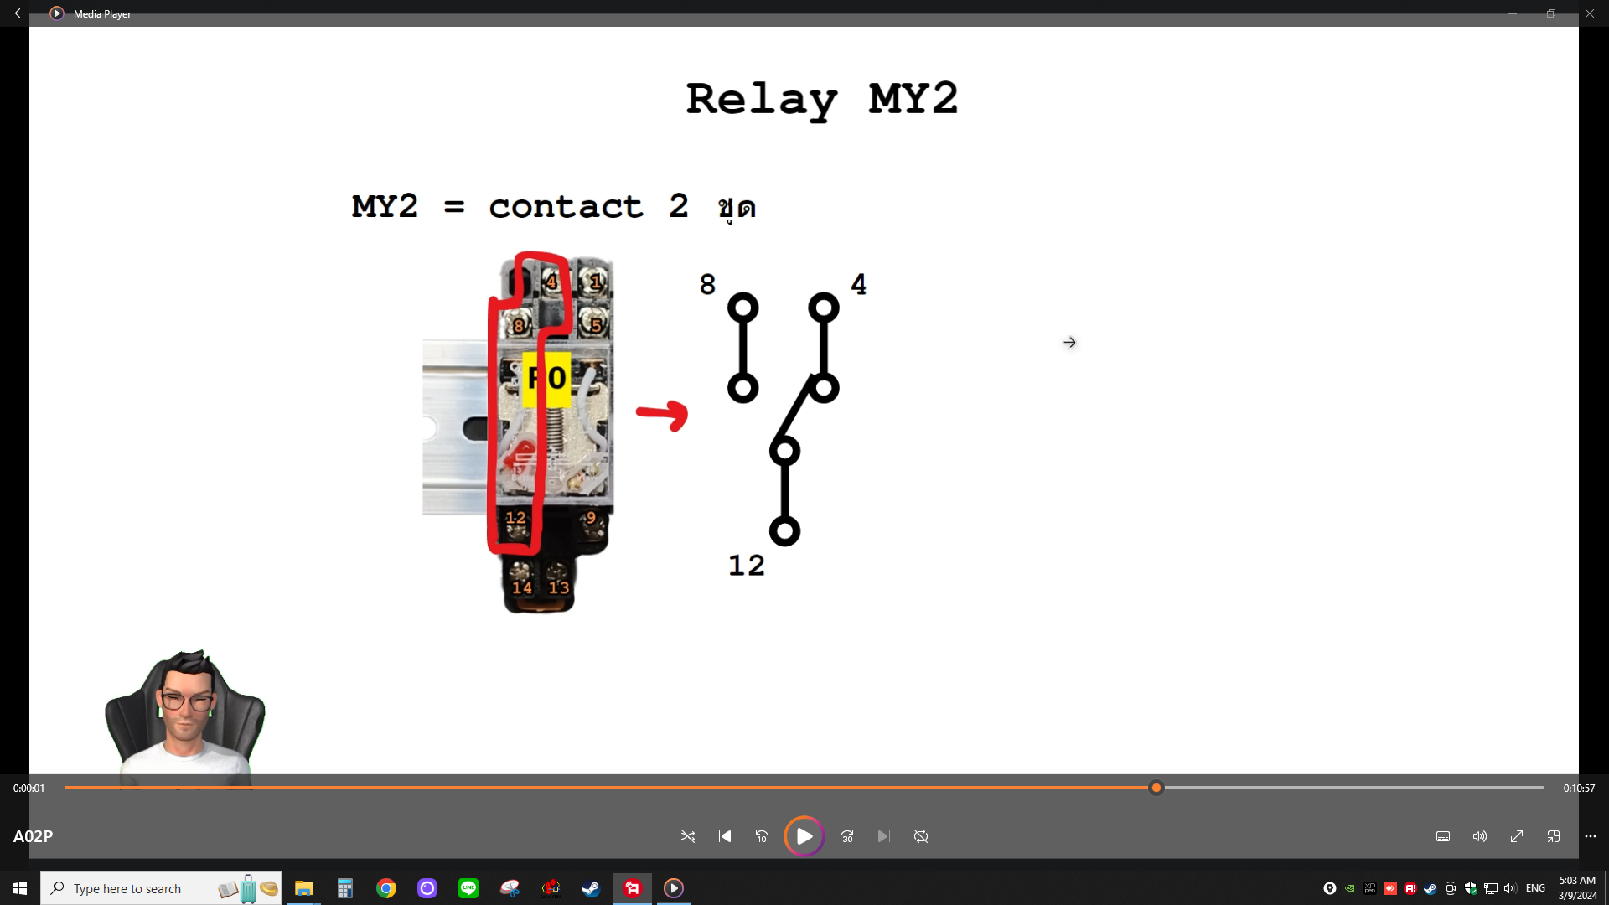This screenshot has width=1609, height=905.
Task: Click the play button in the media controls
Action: (x=804, y=836)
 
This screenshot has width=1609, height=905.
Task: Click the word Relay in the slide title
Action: (x=761, y=100)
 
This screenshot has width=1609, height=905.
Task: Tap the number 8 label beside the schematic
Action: (x=707, y=285)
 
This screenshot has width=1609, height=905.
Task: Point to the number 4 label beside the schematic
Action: (x=858, y=284)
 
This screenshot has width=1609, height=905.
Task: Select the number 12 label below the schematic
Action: (x=746, y=566)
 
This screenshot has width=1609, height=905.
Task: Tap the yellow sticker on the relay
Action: (x=546, y=379)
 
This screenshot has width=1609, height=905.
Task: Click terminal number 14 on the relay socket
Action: (x=521, y=587)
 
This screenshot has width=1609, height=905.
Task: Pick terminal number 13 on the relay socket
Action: (x=559, y=587)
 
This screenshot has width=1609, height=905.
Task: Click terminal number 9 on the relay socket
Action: (x=591, y=518)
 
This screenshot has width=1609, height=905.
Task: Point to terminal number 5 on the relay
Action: (x=596, y=325)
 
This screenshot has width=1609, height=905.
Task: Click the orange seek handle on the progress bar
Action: (x=1156, y=788)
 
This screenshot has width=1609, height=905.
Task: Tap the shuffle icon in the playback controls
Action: (x=688, y=836)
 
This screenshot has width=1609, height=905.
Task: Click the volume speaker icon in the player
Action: (x=1480, y=836)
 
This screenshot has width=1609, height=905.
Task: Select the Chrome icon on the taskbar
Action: (x=386, y=888)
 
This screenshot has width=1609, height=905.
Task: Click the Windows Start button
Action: (x=20, y=888)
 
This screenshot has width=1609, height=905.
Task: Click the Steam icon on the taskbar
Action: (x=591, y=888)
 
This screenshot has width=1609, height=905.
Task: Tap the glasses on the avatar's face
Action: (x=186, y=702)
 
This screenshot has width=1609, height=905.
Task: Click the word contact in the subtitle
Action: (x=566, y=207)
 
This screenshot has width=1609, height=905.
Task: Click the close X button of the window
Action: (x=1590, y=13)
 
